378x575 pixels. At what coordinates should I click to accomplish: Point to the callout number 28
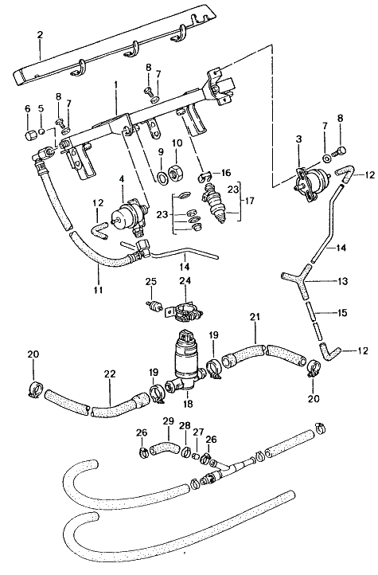185,427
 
